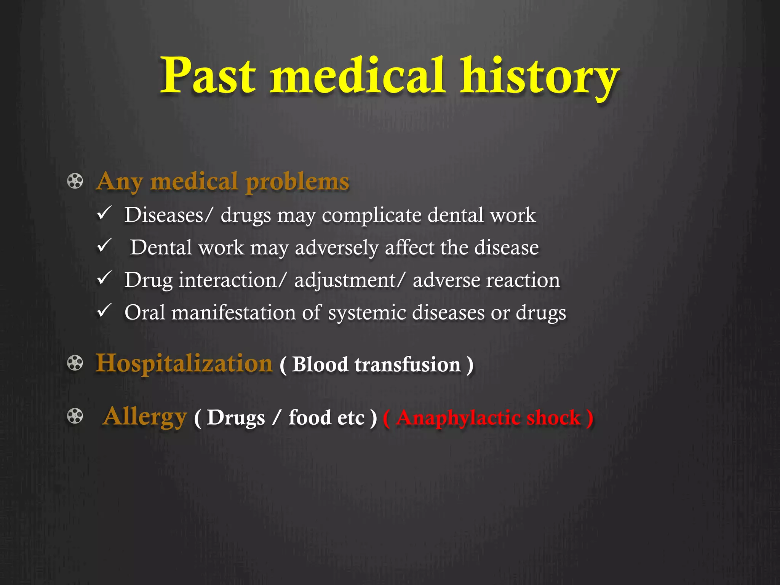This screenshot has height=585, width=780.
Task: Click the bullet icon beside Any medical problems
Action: click(75, 181)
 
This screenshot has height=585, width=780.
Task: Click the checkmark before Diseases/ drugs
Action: click(104, 213)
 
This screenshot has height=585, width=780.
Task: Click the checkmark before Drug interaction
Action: click(104, 278)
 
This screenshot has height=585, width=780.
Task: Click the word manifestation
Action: click(233, 313)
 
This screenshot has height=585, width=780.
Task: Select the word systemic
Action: click(367, 313)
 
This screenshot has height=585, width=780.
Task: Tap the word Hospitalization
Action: click(184, 363)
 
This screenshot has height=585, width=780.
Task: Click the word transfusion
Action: click(408, 364)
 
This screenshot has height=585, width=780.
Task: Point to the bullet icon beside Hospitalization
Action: click(75, 363)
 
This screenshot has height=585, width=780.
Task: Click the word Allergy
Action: click(145, 417)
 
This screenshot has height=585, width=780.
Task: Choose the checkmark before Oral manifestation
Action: click(104, 310)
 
